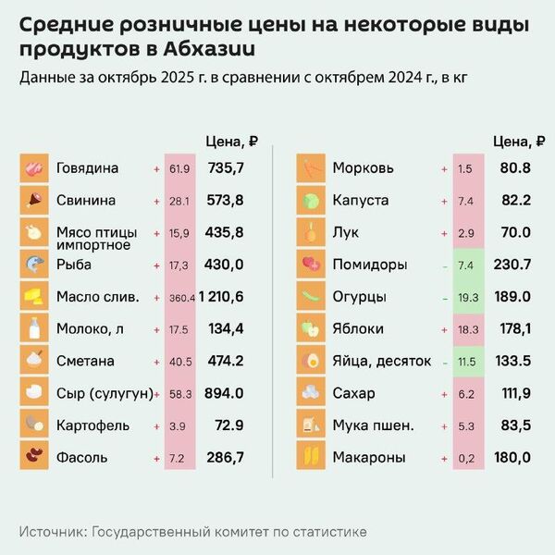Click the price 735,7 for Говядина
(x=226, y=168)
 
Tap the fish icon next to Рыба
(x=34, y=265)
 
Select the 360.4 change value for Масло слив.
(x=179, y=297)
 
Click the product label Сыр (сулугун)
(x=104, y=393)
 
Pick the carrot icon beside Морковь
(x=310, y=168)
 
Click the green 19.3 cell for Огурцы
(x=466, y=297)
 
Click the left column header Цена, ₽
(x=229, y=142)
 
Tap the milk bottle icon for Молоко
(x=34, y=328)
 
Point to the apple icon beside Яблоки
(x=310, y=328)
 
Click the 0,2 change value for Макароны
(x=466, y=457)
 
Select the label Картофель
(x=91, y=425)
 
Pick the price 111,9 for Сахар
(x=515, y=393)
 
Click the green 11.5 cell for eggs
(x=466, y=361)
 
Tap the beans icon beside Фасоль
(x=34, y=457)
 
